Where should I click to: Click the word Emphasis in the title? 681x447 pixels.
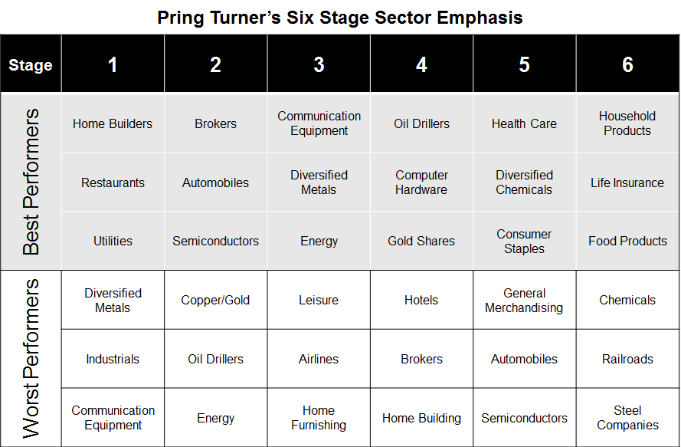point(480,18)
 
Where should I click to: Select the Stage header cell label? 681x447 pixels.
point(31,65)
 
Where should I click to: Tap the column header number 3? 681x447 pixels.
point(319,65)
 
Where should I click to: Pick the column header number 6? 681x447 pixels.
point(627,65)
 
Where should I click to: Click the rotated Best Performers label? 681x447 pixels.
point(31,182)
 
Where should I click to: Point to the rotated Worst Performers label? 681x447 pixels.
point(31,359)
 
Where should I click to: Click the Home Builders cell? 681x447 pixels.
point(113,124)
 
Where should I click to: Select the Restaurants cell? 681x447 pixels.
point(113,182)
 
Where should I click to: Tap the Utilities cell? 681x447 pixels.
point(113,241)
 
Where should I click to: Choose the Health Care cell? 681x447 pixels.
point(524,124)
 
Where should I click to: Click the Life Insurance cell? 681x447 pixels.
point(627,182)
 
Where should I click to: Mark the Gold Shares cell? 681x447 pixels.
point(421,241)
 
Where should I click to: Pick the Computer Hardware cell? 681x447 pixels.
point(421,182)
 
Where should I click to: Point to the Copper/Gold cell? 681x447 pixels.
point(215,300)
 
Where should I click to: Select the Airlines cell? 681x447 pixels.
point(319,359)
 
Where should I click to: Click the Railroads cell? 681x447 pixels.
point(627,359)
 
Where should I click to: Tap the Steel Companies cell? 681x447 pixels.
point(627,417)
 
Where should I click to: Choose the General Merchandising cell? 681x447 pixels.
point(524,301)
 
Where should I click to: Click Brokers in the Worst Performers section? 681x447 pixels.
point(421,359)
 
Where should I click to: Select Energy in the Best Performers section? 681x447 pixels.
point(319,242)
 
